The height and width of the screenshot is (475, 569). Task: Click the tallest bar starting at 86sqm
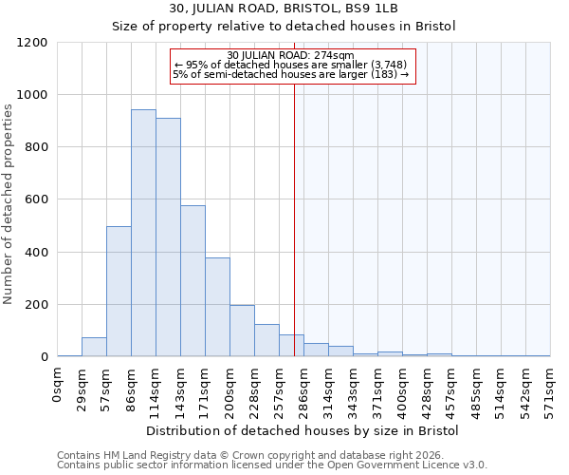click(x=143, y=233)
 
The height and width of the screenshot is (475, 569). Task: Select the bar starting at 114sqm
click(x=168, y=237)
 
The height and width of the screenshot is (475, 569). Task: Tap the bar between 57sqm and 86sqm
click(x=119, y=292)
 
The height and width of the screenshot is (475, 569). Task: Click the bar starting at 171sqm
click(x=217, y=307)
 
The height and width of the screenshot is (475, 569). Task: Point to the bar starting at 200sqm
click(x=242, y=331)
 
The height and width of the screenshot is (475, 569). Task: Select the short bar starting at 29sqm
click(x=94, y=347)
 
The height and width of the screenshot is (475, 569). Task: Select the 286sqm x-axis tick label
click(x=304, y=389)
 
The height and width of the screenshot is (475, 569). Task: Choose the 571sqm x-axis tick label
click(x=551, y=389)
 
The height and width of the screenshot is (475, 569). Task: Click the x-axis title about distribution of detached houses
click(x=303, y=431)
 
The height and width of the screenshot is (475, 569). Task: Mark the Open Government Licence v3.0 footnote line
click(x=272, y=465)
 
